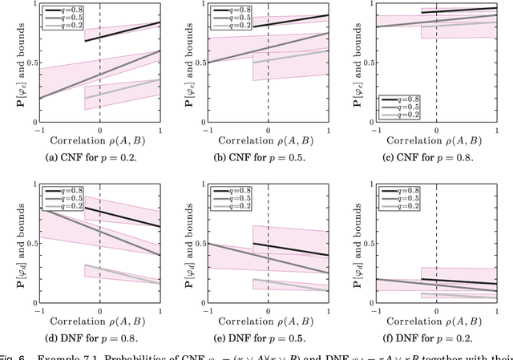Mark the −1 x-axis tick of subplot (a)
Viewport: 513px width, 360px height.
coord(36,129)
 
